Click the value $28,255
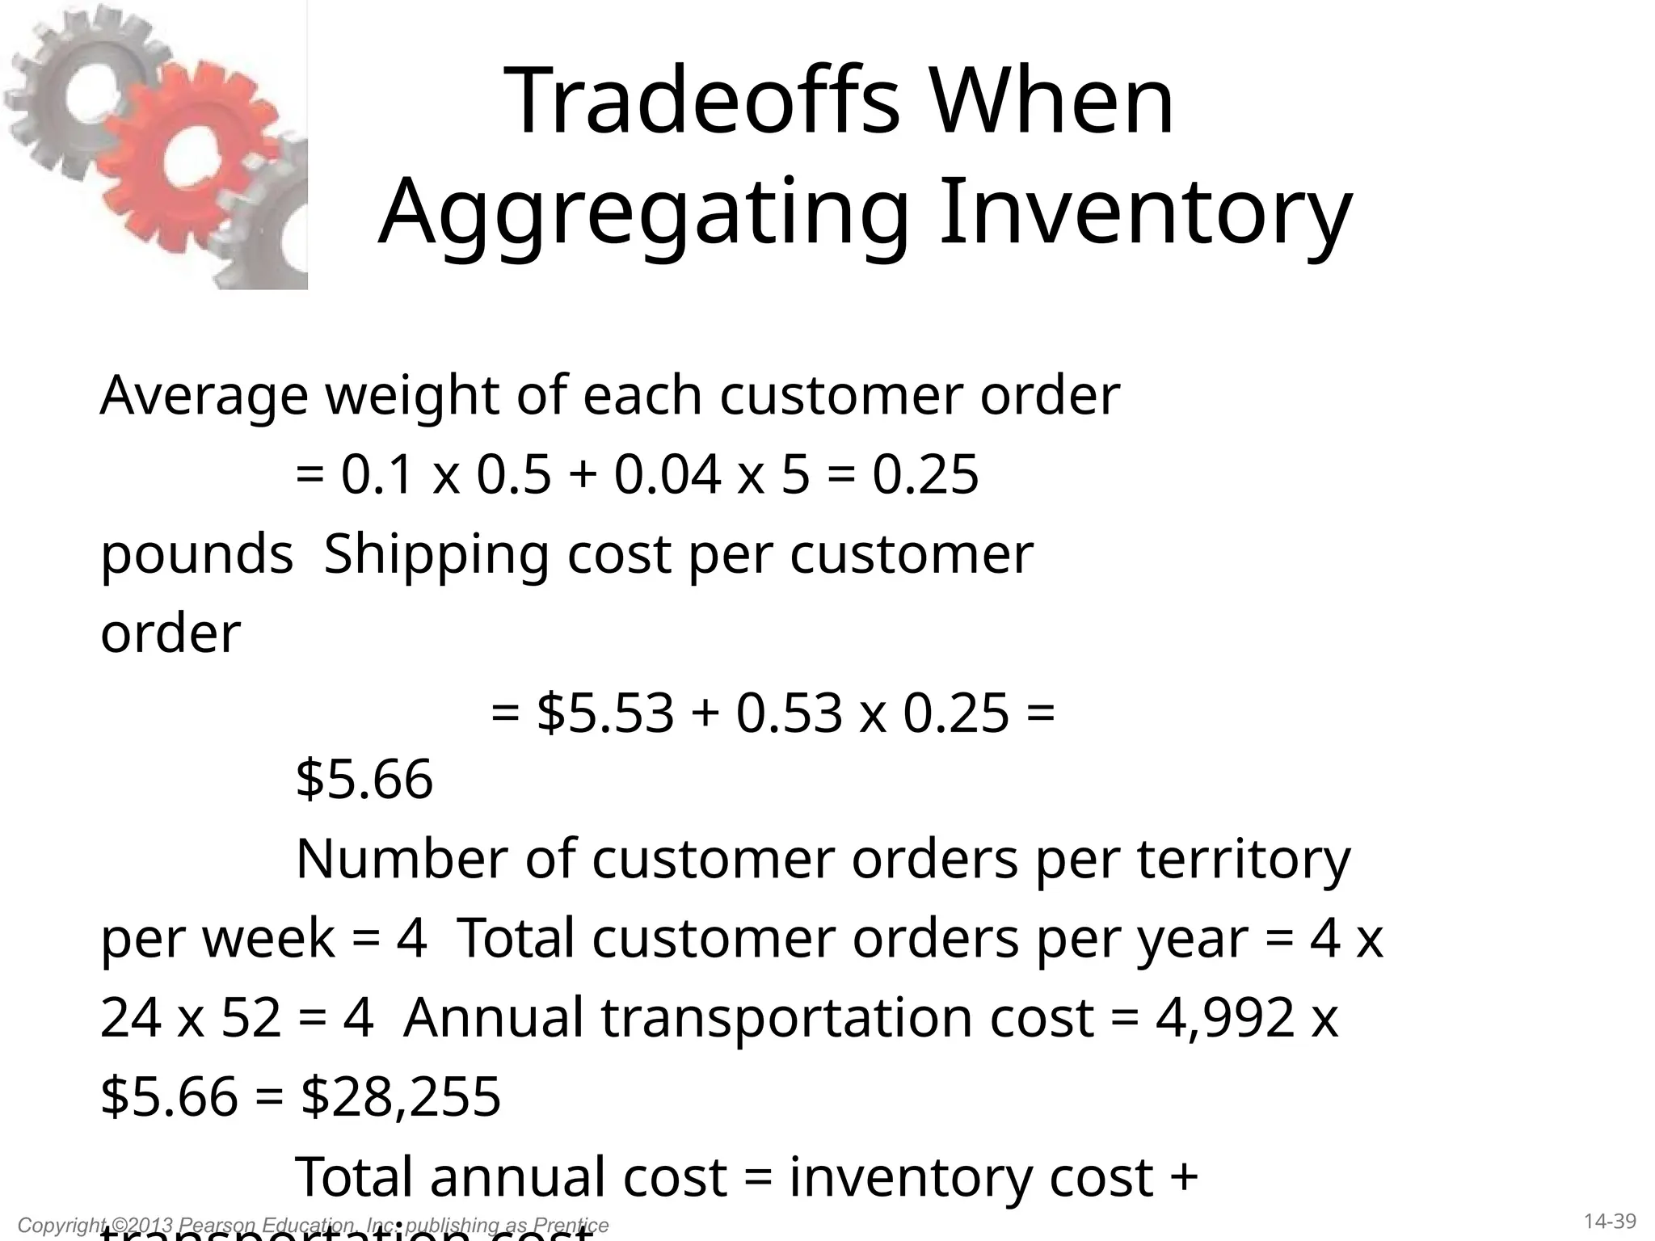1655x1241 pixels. pos(401,1097)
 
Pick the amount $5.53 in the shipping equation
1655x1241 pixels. pos(605,713)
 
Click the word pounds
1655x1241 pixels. pos(196,556)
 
